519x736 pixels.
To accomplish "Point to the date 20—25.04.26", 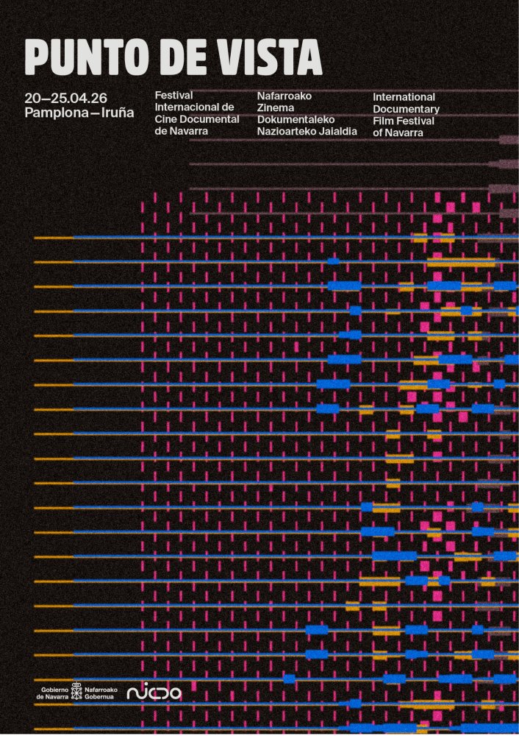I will click(66, 98).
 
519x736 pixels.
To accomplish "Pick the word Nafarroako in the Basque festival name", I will click(284, 96).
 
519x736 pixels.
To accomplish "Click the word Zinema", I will click(276, 107).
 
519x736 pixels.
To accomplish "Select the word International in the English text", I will click(404, 97).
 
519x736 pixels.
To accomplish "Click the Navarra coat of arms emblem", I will click(76, 692).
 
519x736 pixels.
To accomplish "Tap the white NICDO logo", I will click(154, 693).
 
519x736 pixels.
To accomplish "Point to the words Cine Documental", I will click(197, 119).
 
